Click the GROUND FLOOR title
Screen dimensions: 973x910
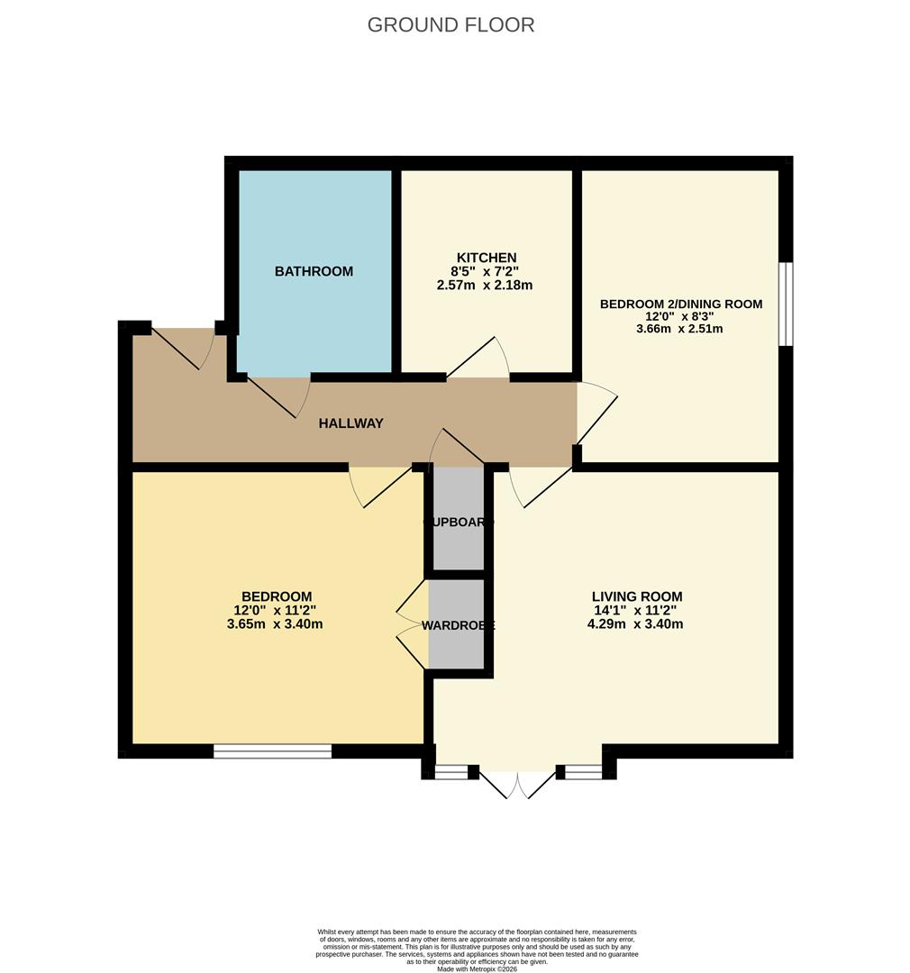[x=450, y=24]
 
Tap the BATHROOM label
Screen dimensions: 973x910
[x=314, y=271]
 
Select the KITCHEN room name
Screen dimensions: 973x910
[x=486, y=258]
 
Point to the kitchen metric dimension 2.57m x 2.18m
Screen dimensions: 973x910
[x=486, y=286]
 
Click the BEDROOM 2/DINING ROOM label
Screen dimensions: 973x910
[x=680, y=304]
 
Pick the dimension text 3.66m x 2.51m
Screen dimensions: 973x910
[x=680, y=329]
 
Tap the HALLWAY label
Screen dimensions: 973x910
[x=350, y=423]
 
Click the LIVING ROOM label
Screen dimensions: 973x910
[x=637, y=596]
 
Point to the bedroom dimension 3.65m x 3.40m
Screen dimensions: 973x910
[x=276, y=623]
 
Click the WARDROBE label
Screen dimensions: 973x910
[x=459, y=625]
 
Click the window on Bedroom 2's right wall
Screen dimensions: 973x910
[x=786, y=304]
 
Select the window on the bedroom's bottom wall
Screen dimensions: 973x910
[x=272, y=750]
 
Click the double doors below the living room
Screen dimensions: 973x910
[x=518, y=783]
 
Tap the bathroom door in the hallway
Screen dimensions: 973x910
[x=279, y=396]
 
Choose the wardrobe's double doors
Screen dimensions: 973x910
[x=412, y=623]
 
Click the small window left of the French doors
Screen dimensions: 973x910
[x=450, y=772]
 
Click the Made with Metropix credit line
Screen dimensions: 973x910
[x=477, y=968]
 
